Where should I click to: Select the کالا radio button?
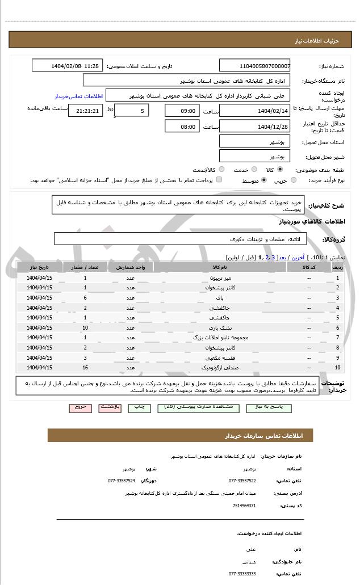click(280, 169)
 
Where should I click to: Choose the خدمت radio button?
click(254, 169)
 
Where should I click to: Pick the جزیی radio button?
click(294, 180)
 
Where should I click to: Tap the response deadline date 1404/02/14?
click(254, 110)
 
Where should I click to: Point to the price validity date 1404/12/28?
click(254, 126)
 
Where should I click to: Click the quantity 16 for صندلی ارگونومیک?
click(85, 368)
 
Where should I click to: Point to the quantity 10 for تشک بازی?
click(85, 327)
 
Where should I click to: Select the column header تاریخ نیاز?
click(40, 267)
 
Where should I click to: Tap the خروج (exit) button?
click(80, 407)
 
